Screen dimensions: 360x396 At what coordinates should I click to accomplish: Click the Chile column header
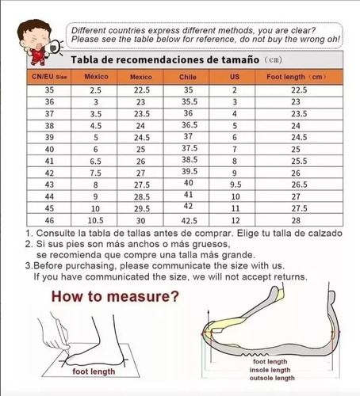[188, 77]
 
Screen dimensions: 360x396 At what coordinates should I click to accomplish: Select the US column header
[235, 77]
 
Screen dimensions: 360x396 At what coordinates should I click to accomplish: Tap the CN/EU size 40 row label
[49, 150]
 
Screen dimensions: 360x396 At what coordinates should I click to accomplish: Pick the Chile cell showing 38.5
[190, 160]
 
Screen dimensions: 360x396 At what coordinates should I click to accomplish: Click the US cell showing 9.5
[236, 185]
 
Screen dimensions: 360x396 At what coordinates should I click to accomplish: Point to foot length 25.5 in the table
[299, 161]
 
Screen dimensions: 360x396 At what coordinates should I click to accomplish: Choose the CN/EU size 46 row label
[49, 220]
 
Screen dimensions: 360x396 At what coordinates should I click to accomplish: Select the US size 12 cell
[236, 220]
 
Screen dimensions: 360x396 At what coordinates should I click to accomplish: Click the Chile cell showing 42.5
[190, 221]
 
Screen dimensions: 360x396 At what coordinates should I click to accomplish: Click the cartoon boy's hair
[33, 27]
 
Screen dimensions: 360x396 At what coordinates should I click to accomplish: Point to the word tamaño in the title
[240, 59]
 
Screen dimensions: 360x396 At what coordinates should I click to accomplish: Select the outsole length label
[272, 378]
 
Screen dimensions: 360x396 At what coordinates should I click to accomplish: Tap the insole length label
[270, 370]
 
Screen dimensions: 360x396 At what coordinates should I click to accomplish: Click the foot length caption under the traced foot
[94, 371]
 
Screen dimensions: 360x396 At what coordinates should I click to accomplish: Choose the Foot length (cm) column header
[297, 77]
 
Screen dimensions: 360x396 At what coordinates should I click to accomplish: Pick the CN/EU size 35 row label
[49, 90]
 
